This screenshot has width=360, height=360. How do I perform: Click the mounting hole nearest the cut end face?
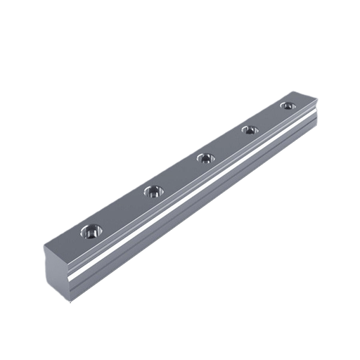point(91,230)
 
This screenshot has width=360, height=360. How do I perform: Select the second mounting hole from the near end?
point(153,191)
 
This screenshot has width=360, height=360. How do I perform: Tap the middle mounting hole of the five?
point(205,157)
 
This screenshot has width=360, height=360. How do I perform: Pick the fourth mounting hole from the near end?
point(247,129)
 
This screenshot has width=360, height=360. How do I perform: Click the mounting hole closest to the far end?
point(285,105)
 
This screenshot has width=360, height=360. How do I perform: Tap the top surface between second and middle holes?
point(179,174)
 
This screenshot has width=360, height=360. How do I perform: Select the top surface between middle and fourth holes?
point(226,143)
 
